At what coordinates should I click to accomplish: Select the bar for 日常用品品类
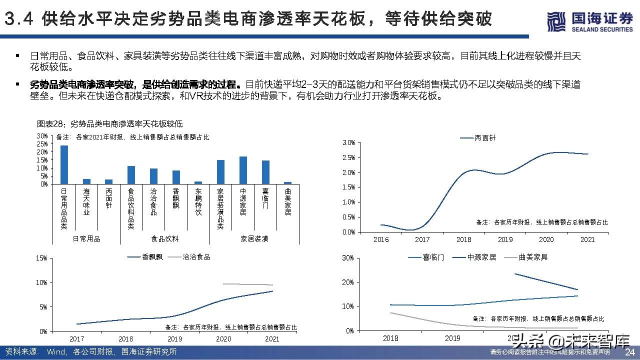click(64, 164)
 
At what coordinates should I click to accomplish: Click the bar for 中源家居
click(243, 170)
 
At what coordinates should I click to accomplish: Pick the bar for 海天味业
click(86, 181)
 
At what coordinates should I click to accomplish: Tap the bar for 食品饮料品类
click(131, 174)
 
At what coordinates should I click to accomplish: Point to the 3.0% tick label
click(348, 143)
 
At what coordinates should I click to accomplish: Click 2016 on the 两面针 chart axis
click(381, 239)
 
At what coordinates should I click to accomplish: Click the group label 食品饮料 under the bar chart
click(165, 239)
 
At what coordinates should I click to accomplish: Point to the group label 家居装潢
click(254, 239)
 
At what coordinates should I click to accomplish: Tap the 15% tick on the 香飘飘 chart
click(42, 258)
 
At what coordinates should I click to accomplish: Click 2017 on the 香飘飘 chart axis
click(77, 338)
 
